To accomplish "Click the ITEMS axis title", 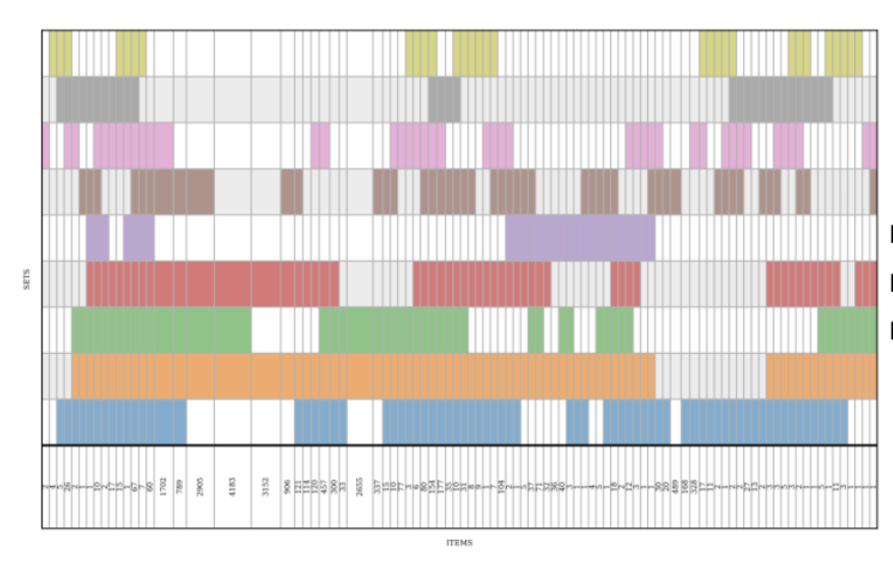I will (x=459, y=543).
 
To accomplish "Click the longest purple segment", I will (x=580, y=238).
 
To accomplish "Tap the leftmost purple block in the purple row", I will (x=98, y=238).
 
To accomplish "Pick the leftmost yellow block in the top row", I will (x=61, y=53).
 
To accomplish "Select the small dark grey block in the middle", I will (x=445, y=99).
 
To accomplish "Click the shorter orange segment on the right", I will (x=821, y=376).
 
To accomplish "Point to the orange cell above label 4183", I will (x=233, y=376).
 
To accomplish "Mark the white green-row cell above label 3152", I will (x=266, y=330).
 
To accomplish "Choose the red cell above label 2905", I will (x=201, y=284).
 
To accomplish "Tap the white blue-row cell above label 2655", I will (x=360, y=422).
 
